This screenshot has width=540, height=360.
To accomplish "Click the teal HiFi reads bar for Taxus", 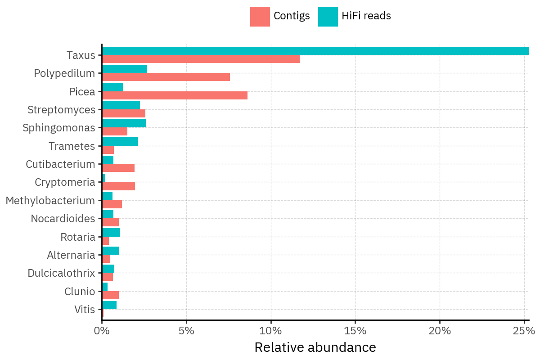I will point(315,51).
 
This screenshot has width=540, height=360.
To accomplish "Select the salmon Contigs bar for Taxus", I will point(201,59).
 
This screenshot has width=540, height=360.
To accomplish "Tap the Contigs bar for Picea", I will point(175,95).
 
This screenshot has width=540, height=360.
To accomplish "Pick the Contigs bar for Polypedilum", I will point(166,77).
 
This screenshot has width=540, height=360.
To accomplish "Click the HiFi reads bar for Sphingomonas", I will point(124,123).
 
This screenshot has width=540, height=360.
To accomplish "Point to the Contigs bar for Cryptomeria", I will point(118,186).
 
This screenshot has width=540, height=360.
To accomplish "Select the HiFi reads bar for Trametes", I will point(120,142).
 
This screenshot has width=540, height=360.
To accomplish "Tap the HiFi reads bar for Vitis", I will point(109,305).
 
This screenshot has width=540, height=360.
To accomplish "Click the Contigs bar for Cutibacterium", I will point(118,168).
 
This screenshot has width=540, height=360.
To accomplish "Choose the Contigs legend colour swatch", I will point(260,17).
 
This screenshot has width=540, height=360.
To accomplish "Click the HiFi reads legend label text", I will point(366,16).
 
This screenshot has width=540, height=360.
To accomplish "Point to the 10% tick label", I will point(271,331).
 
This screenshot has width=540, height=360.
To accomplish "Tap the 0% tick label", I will point(102,331).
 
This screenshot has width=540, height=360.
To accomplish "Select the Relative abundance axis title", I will point(315,347).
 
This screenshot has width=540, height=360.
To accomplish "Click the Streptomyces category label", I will point(61,110).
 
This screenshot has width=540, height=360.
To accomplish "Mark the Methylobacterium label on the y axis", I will point(50,201).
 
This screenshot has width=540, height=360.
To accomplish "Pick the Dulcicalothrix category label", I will point(61,273).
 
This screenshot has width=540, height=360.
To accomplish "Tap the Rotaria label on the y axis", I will point(78,237).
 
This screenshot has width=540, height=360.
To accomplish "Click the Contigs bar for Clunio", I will point(110,295).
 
